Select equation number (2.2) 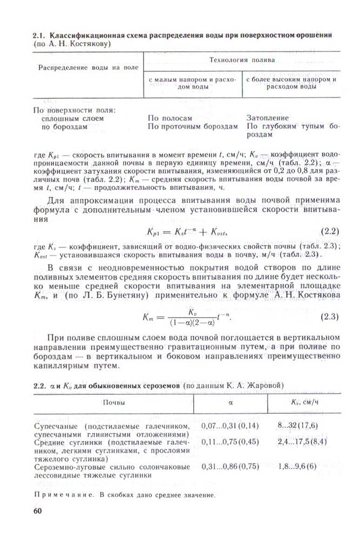point(329,232)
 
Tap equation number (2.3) point(329,316)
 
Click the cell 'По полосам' point(169,118)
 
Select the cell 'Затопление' point(268,118)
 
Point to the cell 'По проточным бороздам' point(193,126)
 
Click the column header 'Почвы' point(115,403)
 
